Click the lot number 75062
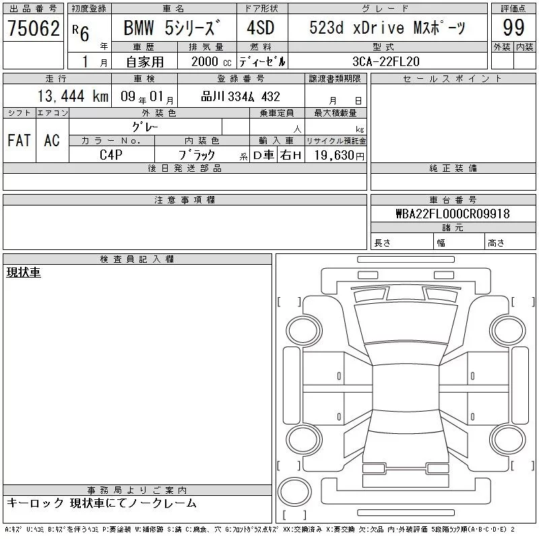(33, 28)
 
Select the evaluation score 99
(513, 28)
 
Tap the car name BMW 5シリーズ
(172, 28)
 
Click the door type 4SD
(261, 28)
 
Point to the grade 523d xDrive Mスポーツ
(387, 28)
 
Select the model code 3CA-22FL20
(385, 61)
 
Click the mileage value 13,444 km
(73, 96)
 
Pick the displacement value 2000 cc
(211, 61)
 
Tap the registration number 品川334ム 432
(241, 96)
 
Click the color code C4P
(111, 155)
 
